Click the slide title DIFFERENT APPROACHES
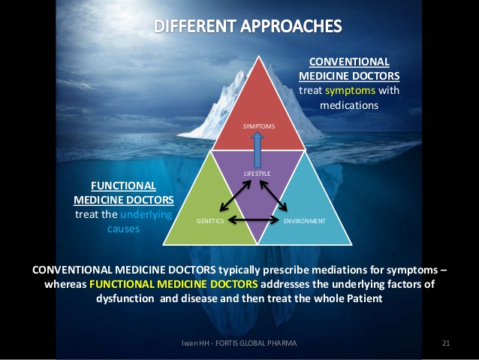[x=248, y=26]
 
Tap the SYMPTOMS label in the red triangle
[x=259, y=126]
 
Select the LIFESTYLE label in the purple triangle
[x=258, y=174]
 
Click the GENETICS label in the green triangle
[x=210, y=221]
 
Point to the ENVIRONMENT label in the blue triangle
[x=305, y=221]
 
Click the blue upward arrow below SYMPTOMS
[x=258, y=150]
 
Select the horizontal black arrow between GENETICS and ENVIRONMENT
[x=254, y=219]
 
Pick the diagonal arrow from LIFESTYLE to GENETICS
[x=235, y=195]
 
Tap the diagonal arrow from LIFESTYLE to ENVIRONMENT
[x=273, y=195]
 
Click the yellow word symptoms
[x=350, y=90]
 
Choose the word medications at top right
[x=349, y=105]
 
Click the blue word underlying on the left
[x=146, y=215]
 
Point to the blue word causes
[x=123, y=228]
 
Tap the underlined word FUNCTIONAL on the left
[x=123, y=186]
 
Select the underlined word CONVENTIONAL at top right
[x=349, y=62]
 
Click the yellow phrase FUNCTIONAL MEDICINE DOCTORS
[x=173, y=284]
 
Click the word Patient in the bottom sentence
[x=365, y=298]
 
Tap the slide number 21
[x=446, y=343]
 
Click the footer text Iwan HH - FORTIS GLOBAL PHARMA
[x=239, y=343]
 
